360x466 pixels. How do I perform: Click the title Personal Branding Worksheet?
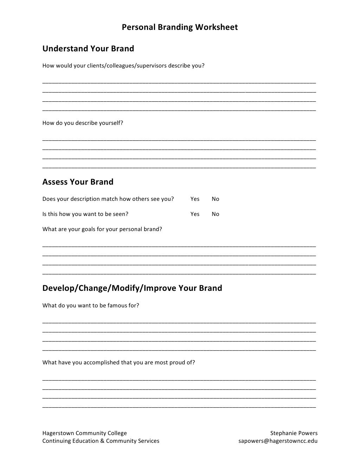(180, 27)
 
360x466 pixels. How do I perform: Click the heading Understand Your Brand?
(88, 49)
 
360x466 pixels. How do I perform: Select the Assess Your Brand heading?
(78, 182)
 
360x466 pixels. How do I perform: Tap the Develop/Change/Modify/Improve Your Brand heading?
(132, 288)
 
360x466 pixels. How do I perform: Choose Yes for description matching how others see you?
(195, 199)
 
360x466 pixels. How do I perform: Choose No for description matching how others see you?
(216, 199)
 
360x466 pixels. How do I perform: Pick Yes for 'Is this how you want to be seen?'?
(195, 214)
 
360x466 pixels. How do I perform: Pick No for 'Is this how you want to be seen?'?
(216, 214)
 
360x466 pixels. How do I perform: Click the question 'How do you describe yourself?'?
(83, 123)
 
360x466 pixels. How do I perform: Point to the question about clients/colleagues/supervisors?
(123, 66)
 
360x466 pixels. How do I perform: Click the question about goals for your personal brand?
(102, 229)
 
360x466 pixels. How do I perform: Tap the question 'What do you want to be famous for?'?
(91, 306)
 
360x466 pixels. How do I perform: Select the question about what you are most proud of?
(118, 363)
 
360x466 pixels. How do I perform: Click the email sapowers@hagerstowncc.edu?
(278, 441)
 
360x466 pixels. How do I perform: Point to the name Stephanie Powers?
(294, 433)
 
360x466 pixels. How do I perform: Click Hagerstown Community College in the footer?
(84, 433)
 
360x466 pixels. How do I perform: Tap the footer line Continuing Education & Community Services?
(101, 441)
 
